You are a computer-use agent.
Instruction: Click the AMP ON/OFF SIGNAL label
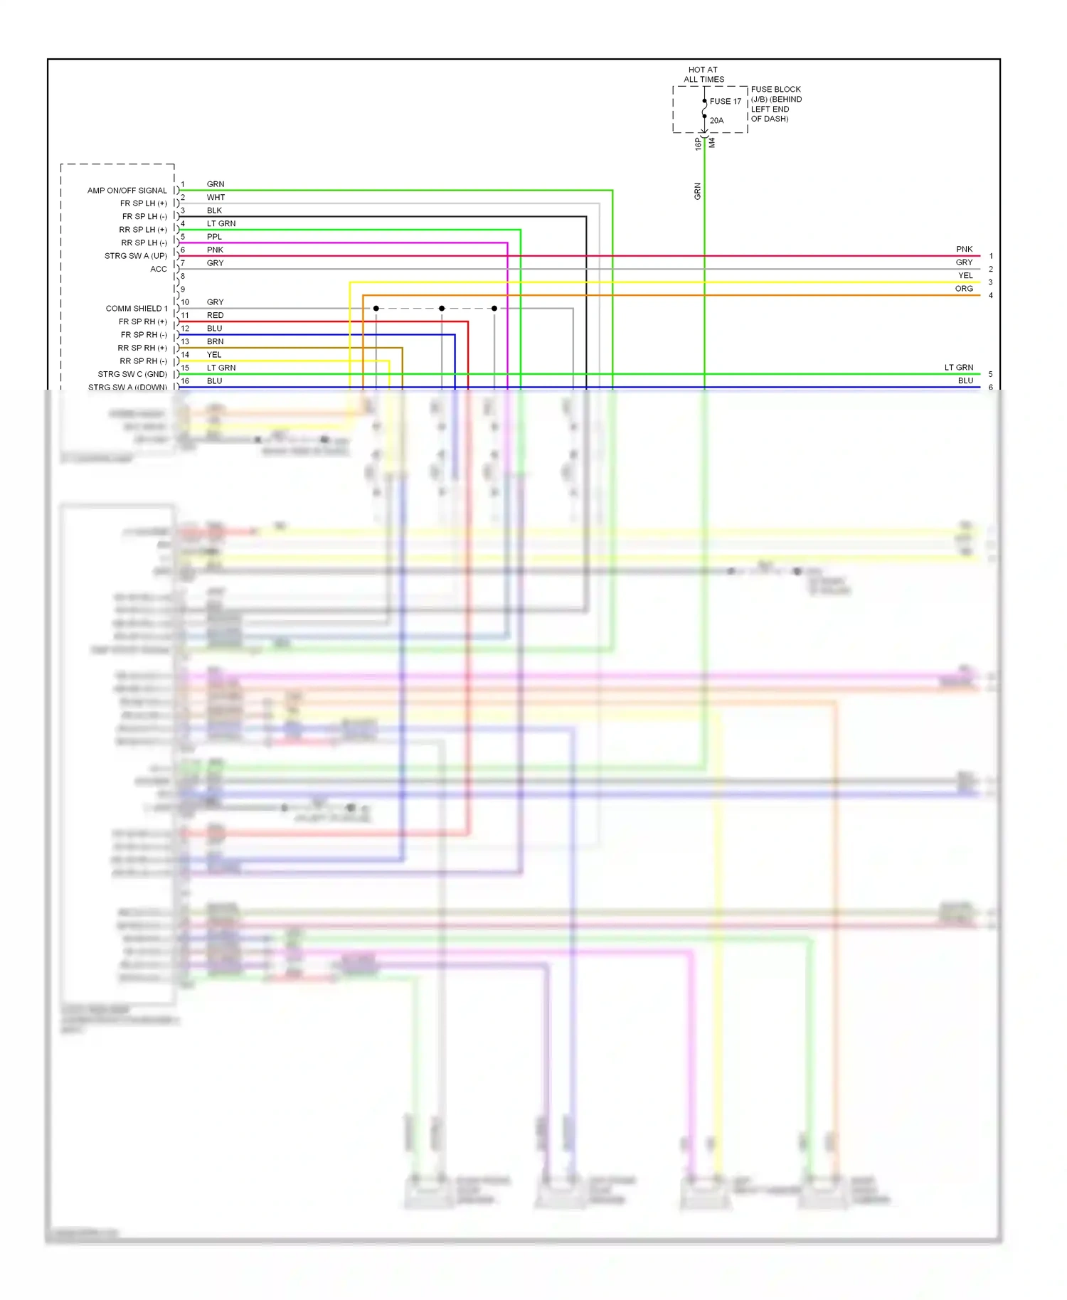click(x=127, y=191)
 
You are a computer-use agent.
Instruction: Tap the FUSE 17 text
click(x=725, y=102)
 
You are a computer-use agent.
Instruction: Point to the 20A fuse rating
click(x=716, y=121)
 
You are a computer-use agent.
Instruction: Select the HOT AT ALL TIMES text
click(x=704, y=75)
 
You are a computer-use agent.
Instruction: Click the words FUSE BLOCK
click(x=775, y=90)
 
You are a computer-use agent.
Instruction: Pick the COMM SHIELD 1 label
click(x=137, y=309)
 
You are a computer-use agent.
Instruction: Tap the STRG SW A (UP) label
click(x=135, y=256)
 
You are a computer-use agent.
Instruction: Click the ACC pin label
click(x=159, y=270)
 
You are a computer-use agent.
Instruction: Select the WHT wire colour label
click(x=216, y=198)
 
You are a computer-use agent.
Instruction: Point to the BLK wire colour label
click(x=214, y=211)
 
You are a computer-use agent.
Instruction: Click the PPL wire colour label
click(x=214, y=237)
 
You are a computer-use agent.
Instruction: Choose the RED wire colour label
click(x=215, y=316)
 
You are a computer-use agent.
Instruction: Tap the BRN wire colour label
click(x=215, y=342)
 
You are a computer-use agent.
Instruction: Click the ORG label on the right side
click(x=964, y=289)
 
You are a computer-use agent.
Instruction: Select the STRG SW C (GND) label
click(x=132, y=375)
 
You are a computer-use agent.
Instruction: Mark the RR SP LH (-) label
click(x=143, y=243)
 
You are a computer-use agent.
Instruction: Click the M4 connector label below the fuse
click(x=712, y=143)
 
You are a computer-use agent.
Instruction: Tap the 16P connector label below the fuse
click(x=698, y=144)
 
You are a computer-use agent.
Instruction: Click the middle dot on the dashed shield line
click(x=442, y=309)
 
